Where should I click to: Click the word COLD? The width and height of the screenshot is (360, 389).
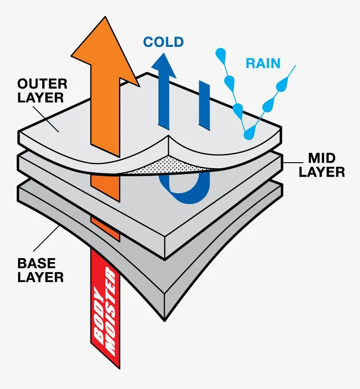point(163,42)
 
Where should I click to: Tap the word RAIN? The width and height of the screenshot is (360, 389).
point(263,63)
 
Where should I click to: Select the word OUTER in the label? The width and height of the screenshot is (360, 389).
point(42,84)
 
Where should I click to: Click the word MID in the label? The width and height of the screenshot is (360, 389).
point(322,158)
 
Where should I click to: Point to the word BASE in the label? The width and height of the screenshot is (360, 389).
point(36,263)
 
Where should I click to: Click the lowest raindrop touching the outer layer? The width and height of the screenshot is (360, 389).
point(248,134)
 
